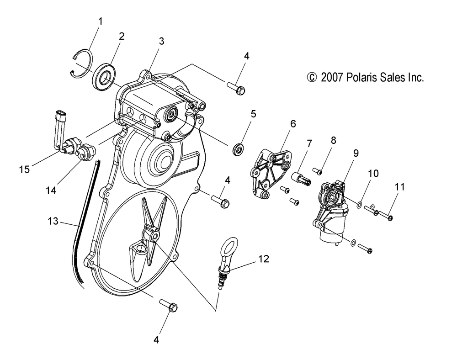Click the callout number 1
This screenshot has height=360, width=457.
click(101, 21)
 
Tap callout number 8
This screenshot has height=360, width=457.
click(333, 140)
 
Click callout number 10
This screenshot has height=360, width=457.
click(374, 174)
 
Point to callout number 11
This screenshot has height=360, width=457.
click(400, 186)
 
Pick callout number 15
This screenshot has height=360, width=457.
click(24, 169)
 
